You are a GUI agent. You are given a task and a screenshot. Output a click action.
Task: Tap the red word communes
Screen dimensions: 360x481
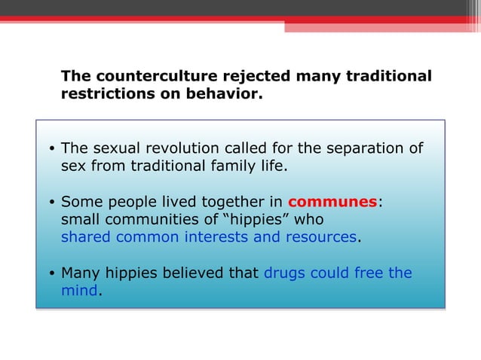click(x=332, y=202)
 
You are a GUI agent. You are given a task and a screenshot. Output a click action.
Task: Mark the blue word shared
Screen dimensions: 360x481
click(x=85, y=237)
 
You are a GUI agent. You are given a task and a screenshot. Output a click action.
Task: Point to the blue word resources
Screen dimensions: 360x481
click(x=320, y=237)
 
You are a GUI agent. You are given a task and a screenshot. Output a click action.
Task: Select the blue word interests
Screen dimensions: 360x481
click(x=217, y=237)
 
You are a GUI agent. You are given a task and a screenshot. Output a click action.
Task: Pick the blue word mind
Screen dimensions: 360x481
click(x=79, y=291)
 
